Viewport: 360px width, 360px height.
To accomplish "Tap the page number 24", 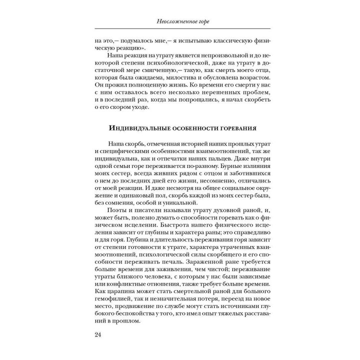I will point(97,334).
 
